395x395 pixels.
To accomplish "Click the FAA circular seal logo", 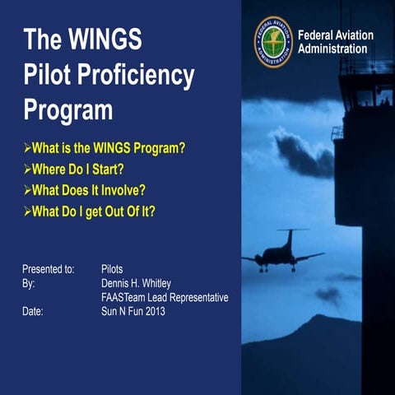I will [x=272, y=42].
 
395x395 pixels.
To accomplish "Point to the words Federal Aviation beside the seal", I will [x=335, y=35].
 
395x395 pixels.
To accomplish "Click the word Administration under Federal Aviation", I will [x=332, y=49].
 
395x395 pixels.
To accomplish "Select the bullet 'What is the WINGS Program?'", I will [x=105, y=149].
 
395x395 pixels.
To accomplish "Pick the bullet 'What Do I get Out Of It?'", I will [x=94, y=211].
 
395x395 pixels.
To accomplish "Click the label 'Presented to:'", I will [x=49, y=268].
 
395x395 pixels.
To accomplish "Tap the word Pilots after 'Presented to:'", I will [x=113, y=268].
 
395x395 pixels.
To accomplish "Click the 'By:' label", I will [x=30, y=282].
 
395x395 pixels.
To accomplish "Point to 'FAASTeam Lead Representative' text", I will [x=164, y=297].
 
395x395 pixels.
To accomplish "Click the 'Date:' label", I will [x=33, y=312].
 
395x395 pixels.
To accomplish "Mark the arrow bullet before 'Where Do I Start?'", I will [x=26, y=170].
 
